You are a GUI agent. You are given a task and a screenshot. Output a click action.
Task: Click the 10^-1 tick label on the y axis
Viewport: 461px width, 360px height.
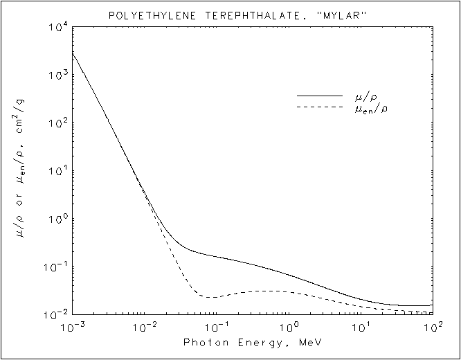coord(56,267)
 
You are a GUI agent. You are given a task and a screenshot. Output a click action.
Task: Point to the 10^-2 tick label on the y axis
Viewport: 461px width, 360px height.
coord(56,315)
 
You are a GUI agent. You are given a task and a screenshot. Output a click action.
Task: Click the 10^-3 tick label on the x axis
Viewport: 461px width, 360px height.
coord(71,326)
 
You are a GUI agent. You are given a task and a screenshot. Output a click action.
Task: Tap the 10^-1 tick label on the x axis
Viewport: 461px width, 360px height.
coord(216,326)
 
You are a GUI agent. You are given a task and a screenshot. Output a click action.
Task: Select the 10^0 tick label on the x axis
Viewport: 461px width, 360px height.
coord(289,326)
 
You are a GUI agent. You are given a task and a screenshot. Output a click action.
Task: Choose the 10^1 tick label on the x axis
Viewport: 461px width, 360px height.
coord(361,326)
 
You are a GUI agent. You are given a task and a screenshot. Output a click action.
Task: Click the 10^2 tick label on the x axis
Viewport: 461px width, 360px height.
coord(433,326)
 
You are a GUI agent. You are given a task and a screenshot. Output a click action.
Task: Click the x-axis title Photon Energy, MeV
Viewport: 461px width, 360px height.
coord(252,343)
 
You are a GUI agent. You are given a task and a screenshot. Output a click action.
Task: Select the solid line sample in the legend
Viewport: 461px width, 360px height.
coord(320,95)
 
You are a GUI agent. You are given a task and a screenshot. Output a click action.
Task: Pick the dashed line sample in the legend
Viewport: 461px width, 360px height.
coord(320,107)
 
